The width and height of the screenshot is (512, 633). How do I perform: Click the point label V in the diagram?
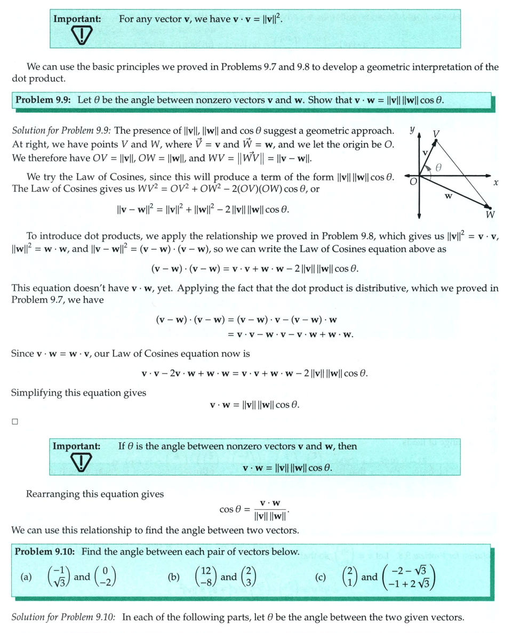click(436, 133)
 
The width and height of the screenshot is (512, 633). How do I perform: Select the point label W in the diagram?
click(490, 215)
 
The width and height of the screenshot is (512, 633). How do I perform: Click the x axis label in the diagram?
click(495, 183)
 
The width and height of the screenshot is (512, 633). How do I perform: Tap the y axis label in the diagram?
click(412, 130)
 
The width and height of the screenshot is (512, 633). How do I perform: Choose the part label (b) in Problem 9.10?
click(174, 577)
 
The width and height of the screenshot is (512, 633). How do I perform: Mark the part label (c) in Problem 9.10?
click(321, 577)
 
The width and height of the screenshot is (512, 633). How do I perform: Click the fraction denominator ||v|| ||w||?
click(270, 516)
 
